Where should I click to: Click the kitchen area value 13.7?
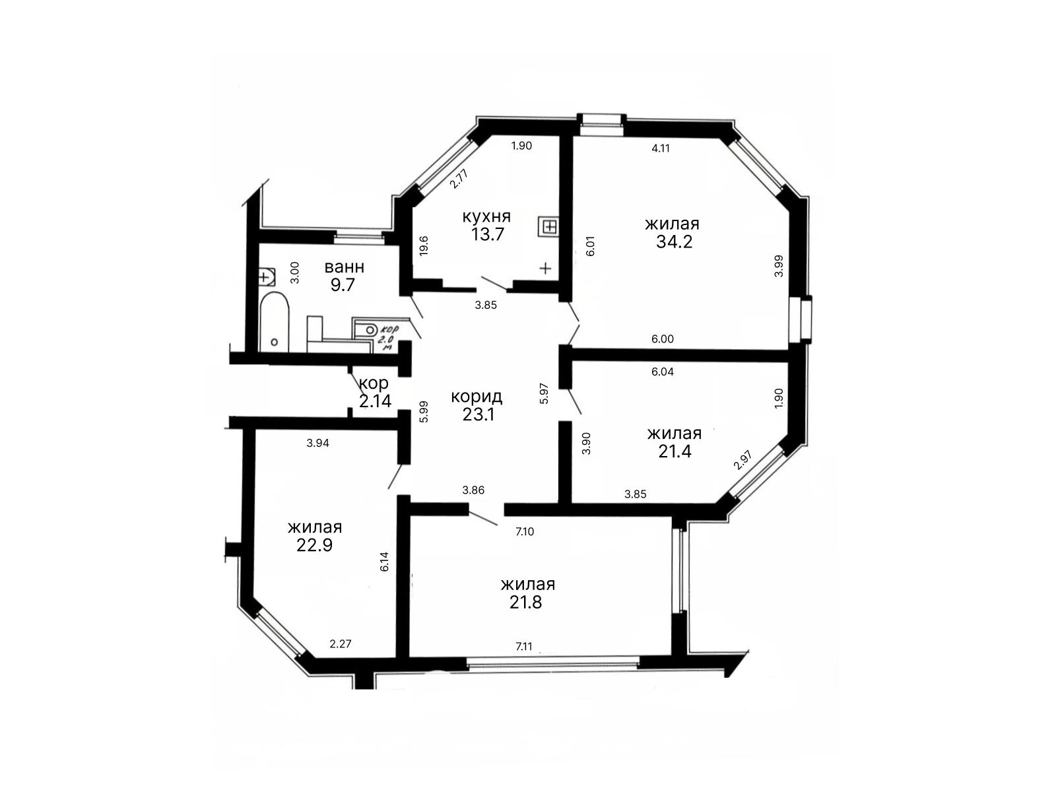pos(487,234)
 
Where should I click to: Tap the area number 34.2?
pos(674,242)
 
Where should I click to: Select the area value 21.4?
pos(675,451)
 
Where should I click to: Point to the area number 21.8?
pos(526,602)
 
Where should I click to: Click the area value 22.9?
pos(315,545)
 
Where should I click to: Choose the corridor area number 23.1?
pos(478,414)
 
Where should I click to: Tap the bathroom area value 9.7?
pos(343,284)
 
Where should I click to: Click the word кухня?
pos(487,216)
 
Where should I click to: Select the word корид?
pos(477,397)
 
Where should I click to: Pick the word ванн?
pos(345,267)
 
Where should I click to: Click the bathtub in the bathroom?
pos(274,321)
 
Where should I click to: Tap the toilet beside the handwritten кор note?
pos(367,330)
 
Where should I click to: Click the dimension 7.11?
pos(524,646)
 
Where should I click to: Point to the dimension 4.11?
pos(661,148)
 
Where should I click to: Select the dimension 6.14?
pos(384,561)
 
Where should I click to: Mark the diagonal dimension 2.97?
pos(742,460)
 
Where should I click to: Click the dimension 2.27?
pos(341,644)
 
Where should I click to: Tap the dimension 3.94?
pos(317,443)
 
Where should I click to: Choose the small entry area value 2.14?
pos(375,401)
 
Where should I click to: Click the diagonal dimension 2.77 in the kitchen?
pos(459,178)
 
